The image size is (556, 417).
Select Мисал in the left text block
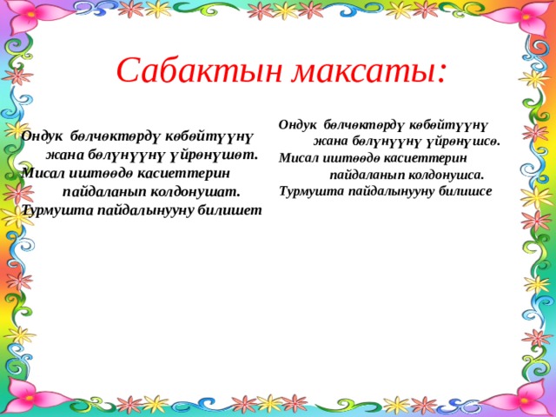pos(42,173)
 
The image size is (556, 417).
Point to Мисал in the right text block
pos(296,158)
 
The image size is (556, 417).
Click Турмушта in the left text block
pos(54,209)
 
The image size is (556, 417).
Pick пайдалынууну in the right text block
pos(385,191)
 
